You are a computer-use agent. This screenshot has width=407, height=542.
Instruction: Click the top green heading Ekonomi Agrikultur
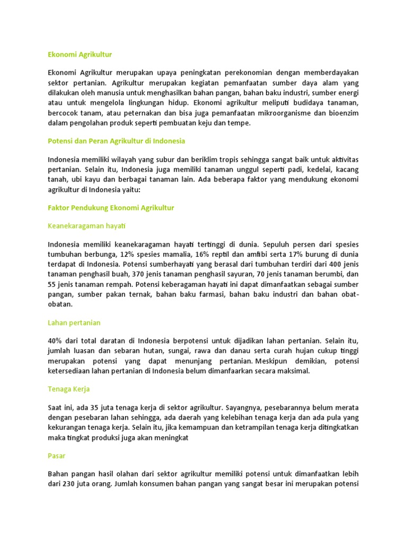point(80,55)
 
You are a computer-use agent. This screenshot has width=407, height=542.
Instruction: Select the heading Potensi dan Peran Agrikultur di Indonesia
point(117,141)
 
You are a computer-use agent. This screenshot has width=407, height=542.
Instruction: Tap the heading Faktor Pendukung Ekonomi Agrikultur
point(111,208)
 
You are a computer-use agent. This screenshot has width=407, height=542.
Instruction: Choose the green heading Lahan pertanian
point(74,322)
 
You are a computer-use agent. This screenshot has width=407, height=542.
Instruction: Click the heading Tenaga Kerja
point(69,389)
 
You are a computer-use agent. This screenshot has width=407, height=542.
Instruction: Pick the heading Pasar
point(56,456)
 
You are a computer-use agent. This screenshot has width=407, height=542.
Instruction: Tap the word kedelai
point(315,169)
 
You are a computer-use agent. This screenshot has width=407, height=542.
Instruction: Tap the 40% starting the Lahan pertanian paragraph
point(56,341)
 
